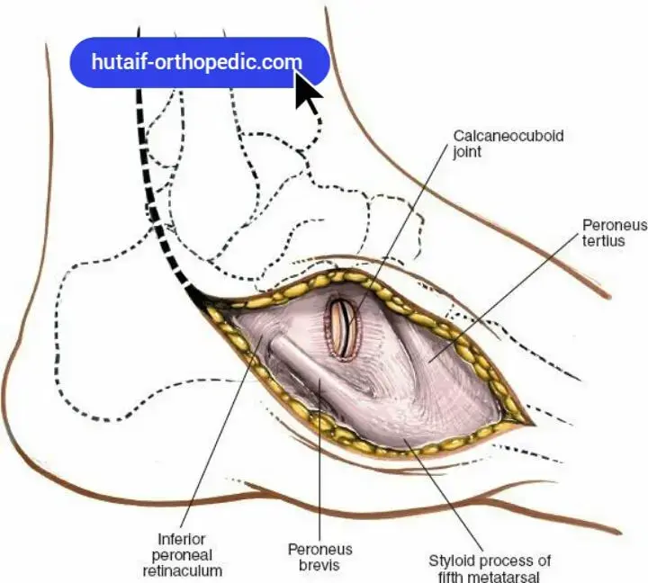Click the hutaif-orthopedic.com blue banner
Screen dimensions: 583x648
[198, 62]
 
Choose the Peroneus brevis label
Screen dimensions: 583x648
[319, 556]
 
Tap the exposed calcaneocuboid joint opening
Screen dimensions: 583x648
[343, 326]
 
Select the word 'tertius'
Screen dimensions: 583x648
[604, 241]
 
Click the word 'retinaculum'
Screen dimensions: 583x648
[184, 570]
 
